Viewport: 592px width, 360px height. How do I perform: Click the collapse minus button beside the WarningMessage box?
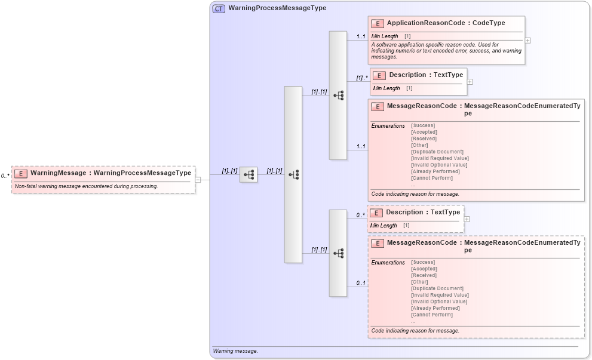198,180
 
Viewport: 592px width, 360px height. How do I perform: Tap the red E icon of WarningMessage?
21,174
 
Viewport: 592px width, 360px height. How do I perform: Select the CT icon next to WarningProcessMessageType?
219,8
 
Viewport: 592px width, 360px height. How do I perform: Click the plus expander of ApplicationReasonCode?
527,41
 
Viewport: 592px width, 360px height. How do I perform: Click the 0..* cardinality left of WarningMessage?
5,176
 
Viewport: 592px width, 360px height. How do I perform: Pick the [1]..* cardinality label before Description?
361,78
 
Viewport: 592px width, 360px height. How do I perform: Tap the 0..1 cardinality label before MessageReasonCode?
361,283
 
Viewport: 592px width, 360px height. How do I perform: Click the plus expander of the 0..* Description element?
467,219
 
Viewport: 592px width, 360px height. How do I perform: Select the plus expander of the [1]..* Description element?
470,82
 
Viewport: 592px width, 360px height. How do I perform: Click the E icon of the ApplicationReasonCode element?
377,23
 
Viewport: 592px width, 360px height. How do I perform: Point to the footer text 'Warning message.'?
235,351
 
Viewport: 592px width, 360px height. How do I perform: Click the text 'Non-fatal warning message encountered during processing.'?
86,186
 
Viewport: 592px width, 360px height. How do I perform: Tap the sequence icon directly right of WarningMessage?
249,175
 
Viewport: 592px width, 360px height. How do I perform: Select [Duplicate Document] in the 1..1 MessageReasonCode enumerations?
437,152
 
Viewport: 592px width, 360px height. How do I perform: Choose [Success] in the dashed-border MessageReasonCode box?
423,262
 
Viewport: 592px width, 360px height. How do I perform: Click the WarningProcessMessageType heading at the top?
277,8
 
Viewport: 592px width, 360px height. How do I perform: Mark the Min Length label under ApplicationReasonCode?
385,36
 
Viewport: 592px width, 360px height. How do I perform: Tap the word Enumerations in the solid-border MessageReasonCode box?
388,125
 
